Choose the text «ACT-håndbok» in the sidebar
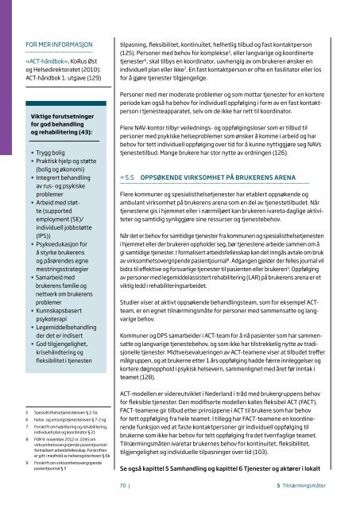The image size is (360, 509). click(x=48, y=60)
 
